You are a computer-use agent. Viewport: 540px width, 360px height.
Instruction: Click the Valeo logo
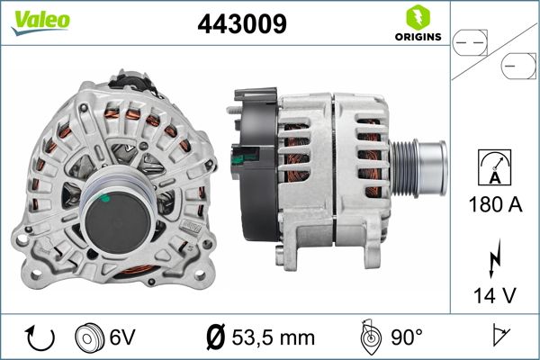pos(40,22)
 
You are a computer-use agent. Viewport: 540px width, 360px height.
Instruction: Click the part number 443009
pos(242,23)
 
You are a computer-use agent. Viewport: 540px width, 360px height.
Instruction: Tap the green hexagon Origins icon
pos(418,18)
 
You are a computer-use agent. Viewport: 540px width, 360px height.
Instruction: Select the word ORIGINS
pos(418,37)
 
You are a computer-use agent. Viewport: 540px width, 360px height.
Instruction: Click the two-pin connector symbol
pos(470,43)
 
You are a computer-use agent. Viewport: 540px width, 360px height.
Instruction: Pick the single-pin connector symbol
pos(518,66)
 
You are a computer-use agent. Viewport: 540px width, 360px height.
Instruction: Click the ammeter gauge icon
pos(495,167)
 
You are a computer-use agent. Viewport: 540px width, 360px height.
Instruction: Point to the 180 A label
pos(496,204)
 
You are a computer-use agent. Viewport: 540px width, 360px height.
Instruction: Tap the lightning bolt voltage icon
pos(494,257)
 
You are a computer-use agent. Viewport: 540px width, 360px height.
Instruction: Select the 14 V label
pos(495,295)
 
